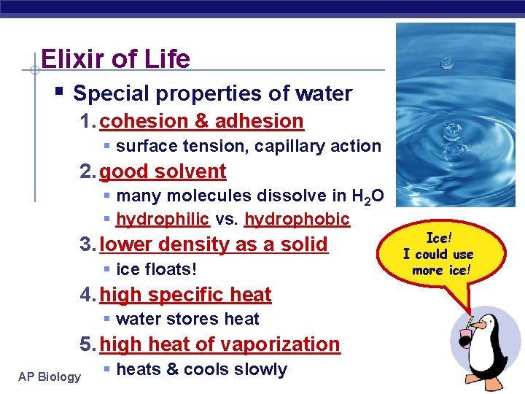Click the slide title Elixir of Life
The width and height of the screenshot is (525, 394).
point(115,58)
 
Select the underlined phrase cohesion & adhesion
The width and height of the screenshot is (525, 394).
point(201,120)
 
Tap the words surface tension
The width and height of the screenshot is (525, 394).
point(182,146)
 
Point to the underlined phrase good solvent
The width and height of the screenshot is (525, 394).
point(163,171)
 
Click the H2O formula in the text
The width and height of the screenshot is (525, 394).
point(369,196)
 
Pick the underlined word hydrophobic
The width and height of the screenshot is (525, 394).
point(297,219)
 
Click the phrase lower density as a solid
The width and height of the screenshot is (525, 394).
point(214,244)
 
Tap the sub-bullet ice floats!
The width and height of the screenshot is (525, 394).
point(156,269)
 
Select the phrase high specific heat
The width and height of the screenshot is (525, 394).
point(185,295)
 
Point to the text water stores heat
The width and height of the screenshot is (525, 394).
point(187,319)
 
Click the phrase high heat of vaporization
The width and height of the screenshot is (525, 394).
point(219,344)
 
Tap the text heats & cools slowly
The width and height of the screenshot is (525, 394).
point(201,369)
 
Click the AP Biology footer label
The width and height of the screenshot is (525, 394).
point(50,376)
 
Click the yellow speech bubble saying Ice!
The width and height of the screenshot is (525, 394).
point(437,255)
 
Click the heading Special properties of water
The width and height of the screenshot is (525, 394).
point(212,93)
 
